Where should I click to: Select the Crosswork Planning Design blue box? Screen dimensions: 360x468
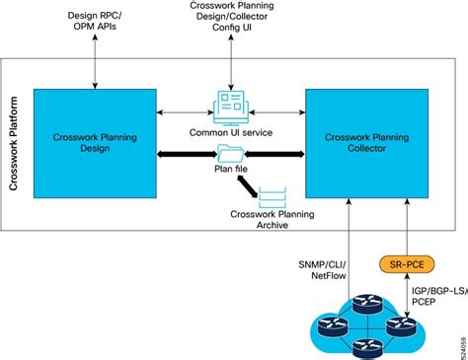pos(95,143)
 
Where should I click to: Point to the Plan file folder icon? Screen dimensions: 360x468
pos(229,153)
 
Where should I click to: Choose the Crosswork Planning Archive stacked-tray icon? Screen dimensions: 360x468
pos(272,196)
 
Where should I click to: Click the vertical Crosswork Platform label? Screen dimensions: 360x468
pos(14,144)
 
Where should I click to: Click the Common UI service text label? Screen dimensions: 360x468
pos(229,132)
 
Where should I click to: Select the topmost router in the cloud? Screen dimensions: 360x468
pos(360,306)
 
